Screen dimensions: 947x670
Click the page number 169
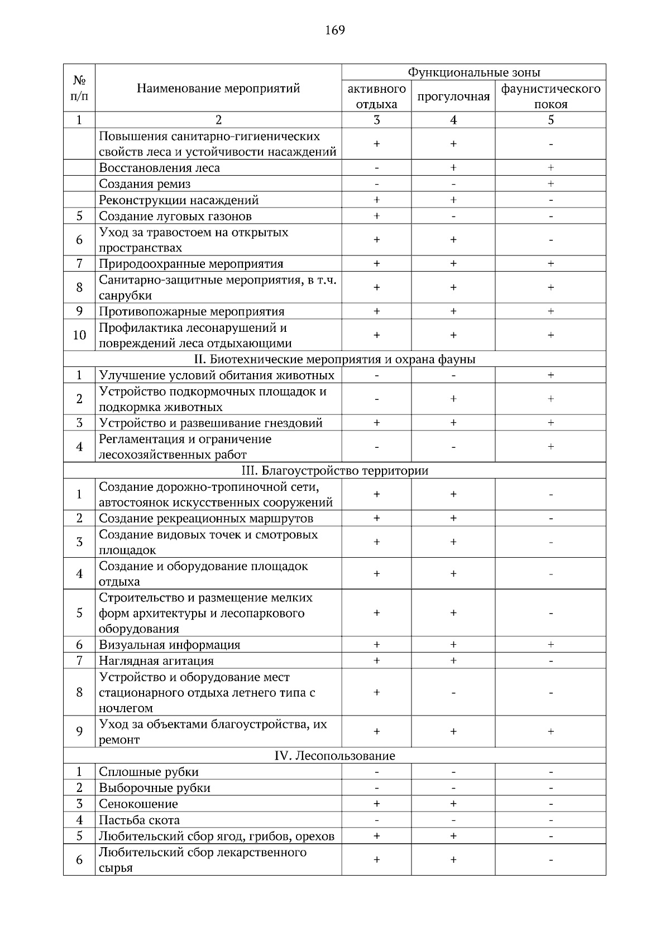[x=335, y=30]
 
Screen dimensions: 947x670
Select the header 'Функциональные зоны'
[x=473, y=73]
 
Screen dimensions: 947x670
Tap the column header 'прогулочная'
[x=453, y=96]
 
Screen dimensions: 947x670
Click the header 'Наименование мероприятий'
[x=218, y=88]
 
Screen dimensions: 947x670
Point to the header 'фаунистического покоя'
[x=551, y=96]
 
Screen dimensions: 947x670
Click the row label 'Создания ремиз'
[x=145, y=184]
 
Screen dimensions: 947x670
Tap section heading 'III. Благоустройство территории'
[x=334, y=471]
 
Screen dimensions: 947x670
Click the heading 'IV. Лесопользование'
[x=334, y=756]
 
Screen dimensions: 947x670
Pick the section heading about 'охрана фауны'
[x=334, y=359]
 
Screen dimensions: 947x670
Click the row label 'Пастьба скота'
[x=139, y=820]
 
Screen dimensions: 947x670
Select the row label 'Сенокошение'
[x=138, y=804]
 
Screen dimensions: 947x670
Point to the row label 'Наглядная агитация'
[x=156, y=661]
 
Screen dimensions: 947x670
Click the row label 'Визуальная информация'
[x=169, y=645]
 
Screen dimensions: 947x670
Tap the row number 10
[x=79, y=335]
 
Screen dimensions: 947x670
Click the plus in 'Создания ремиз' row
[x=551, y=184]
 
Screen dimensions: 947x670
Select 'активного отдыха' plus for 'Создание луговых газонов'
[x=376, y=216]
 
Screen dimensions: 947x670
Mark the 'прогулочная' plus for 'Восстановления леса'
[x=453, y=168]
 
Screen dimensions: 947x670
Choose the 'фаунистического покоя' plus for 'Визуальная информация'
[x=551, y=645]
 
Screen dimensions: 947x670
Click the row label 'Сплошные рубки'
[x=149, y=772]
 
